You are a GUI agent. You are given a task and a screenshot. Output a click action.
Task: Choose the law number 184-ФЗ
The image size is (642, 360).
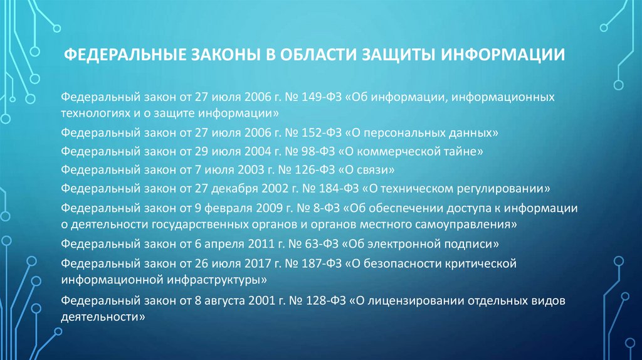point(330,188)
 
